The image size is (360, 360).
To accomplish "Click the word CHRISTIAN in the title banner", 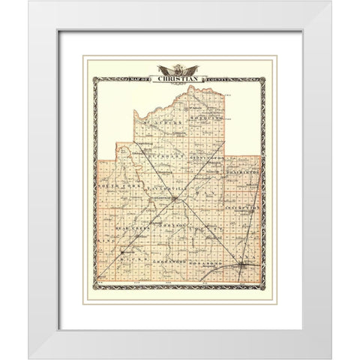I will [179, 79].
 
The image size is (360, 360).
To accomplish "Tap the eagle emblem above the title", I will [179, 69].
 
